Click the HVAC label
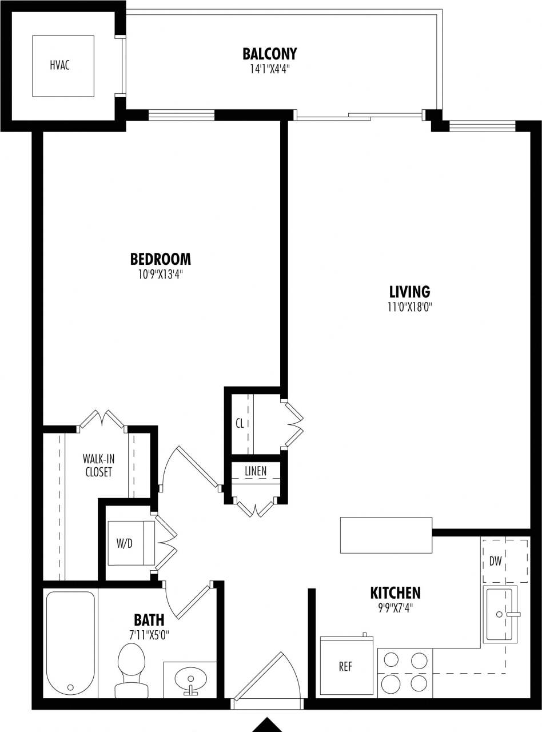(x=59, y=65)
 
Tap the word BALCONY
(x=269, y=54)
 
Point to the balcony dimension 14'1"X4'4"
(x=269, y=70)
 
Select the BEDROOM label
(x=161, y=260)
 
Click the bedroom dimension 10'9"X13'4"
(x=161, y=274)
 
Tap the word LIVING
(x=409, y=292)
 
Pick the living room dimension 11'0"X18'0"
(x=409, y=307)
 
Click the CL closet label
(x=240, y=424)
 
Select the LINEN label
(x=255, y=471)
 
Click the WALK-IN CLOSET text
(x=97, y=465)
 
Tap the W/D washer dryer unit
(x=131, y=543)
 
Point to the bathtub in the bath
(x=70, y=643)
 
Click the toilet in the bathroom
(x=131, y=669)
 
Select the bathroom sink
(x=190, y=681)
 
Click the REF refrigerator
(x=346, y=667)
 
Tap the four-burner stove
(x=405, y=673)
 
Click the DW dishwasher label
(x=495, y=562)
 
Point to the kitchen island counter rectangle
(x=386, y=535)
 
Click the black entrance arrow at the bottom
(x=268, y=725)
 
